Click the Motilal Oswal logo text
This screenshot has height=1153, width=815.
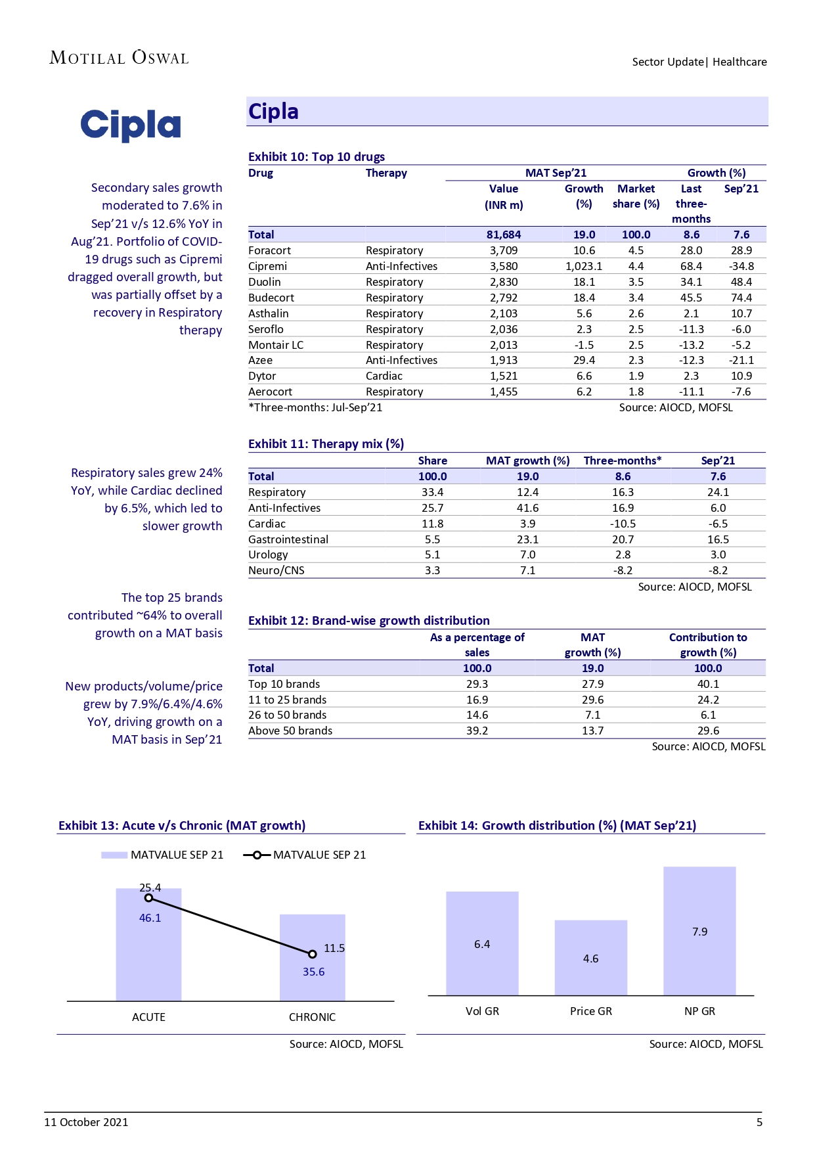(x=119, y=58)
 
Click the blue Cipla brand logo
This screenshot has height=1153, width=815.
(x=130, y=125)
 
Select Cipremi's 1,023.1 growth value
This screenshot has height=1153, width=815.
(x=584, y=266)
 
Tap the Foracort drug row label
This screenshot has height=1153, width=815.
(x=269, y=250)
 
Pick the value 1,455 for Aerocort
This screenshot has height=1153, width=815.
(x=504, y=392)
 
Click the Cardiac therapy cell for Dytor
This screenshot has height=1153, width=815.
(x=384, y=376)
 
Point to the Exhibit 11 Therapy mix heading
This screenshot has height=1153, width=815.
(x=326, y=444)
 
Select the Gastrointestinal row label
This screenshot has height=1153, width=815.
(x=288, y=539)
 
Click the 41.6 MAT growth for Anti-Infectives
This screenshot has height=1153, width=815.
(x=527, y=508)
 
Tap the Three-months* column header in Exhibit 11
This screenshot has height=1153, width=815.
(x=623, y=461)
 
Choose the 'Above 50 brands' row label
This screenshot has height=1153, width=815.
(x=290, y=731)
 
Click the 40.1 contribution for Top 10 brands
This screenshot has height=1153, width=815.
(x=708, y=684)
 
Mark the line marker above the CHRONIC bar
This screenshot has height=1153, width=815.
(x=313, y=954)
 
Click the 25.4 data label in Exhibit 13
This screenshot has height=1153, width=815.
(x=150, y=888)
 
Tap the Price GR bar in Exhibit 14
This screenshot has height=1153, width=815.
(x=590, y=959)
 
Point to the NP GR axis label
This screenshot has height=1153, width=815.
(x=699, y=1011)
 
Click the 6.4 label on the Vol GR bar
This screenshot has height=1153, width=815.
(x=482, y=944)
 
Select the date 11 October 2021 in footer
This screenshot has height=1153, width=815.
(x=86, y=1122)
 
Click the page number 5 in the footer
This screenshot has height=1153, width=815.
(x=759, y=1122)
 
